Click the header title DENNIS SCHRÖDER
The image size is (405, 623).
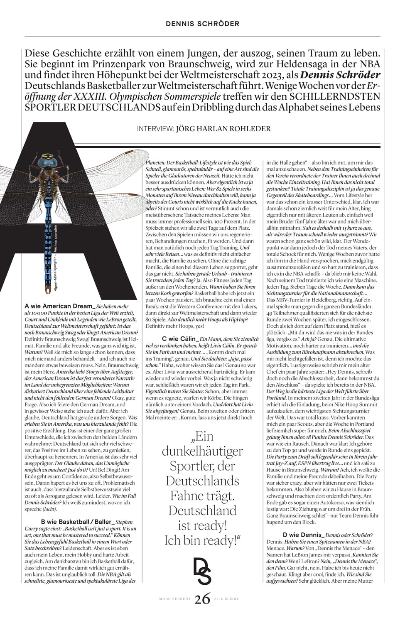pyautogui.click(x=202, y=24)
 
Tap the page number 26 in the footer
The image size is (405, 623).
pyautogui.click(x=202, y=599)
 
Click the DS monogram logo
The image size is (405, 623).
pyautogui.click(x=202, y=571)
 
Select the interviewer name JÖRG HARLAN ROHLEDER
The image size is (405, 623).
pyautogui.click(x=223, y=129)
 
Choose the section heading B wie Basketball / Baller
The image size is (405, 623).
pyautogui.click(x=77, y=522)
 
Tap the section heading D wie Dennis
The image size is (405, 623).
pyautogui.click(x=303, y=535)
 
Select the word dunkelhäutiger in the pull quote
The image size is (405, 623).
pyautogui.click(x=202, y=451)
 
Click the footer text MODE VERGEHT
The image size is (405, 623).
pyautogui.click(x=174, y=599)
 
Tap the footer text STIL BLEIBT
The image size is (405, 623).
pyautogui.click(x=226, y=599)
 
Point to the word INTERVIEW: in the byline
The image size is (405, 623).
pyautogui.click(x=155, y=129)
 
